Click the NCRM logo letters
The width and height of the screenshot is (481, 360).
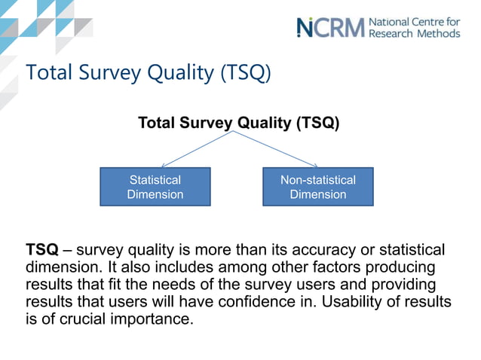(x=330, y=27)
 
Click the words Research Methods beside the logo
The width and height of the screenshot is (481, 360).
(x=413, y=33)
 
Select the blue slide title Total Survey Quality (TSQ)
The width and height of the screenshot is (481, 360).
(x=147, y=73)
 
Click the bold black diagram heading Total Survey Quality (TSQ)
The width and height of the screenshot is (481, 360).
(x=238, y=123)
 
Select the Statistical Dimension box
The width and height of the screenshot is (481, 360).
(x=155, y=187)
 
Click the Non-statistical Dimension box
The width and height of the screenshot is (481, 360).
(x=317, y=187)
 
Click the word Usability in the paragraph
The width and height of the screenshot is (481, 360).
(x=360, y=302)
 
